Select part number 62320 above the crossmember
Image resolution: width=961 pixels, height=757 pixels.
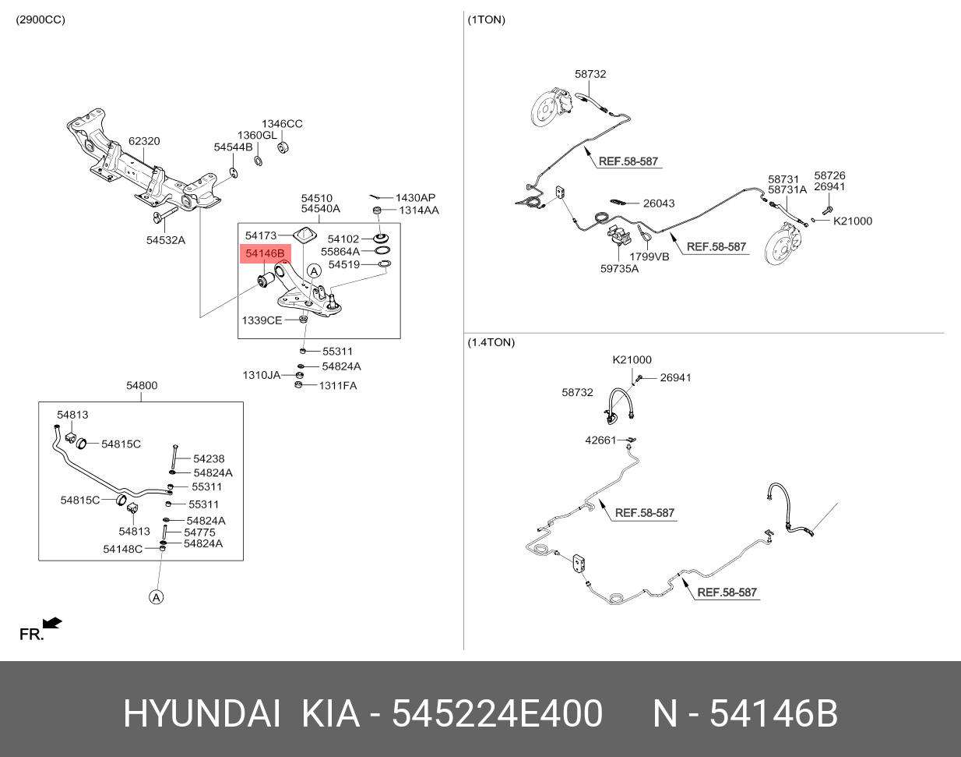(x=144, y=141)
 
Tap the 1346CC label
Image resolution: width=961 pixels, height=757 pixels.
(x=282, y=124)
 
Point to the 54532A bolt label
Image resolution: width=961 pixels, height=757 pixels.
(x=166, y=240)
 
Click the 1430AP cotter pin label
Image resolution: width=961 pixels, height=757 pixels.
(x=415, y=198)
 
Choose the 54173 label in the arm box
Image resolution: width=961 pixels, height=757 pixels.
(x=261, y=235)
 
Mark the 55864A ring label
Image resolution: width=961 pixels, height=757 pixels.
(x=340, y=252)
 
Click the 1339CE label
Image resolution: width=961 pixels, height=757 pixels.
(x=262, y=320)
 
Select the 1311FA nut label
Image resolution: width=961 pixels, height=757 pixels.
(x=338, y=385)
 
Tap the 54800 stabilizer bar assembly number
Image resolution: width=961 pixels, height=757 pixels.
(x=142, y=385)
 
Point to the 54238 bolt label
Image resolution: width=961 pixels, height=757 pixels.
(x=209, y=459)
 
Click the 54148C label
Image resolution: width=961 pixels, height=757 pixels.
(x=123, y=549)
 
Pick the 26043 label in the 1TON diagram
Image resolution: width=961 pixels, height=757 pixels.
(x=659, y=203)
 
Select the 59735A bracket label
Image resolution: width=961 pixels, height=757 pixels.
(x=619, y=269)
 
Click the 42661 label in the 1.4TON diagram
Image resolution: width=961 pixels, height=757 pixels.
(x=600, y=440)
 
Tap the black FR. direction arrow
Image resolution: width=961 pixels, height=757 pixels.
(x=52, y=623)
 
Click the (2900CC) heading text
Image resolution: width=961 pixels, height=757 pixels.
(x=40, y=19)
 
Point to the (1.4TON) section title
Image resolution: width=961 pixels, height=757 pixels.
(x=491, y=342)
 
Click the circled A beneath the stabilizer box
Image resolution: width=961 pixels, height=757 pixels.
(x=157, y=597)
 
